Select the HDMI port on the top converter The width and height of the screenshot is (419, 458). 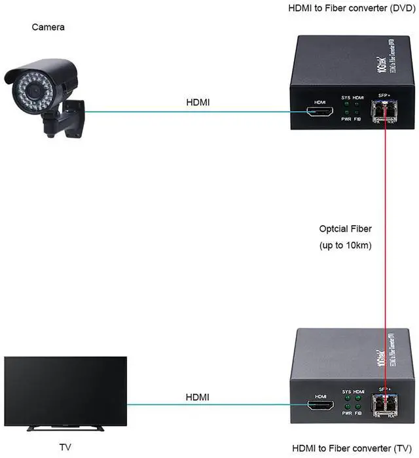click(320, 114)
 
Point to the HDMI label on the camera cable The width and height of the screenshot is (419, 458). click(198, 102)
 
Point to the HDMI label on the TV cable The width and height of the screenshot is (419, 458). click(198, 396)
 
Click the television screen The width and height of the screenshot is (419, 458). click(65, 393)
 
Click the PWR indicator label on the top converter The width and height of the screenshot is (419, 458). click(347, 119)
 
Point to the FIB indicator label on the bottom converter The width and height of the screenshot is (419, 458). click(358, 414)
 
